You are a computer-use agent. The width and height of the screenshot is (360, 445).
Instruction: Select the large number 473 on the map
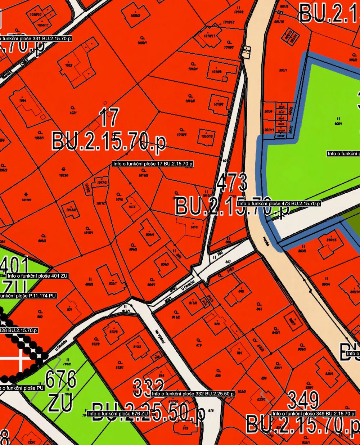coord(233,183)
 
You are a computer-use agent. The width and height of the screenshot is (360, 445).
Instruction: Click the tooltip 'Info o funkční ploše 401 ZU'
coord(37,276)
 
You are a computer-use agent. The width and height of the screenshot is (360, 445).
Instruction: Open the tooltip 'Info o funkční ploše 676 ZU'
coord(118,414)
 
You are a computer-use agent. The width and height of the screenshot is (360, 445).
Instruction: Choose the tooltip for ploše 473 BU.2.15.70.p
coord(279,203)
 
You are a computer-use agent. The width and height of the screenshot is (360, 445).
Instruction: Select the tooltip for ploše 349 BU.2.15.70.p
coord(314,414)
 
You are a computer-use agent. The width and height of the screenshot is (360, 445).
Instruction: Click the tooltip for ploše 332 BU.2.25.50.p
coord(193,394)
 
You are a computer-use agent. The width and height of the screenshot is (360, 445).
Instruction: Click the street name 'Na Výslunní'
coord(160,338)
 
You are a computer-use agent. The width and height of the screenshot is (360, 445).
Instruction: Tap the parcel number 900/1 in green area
coord(338,121)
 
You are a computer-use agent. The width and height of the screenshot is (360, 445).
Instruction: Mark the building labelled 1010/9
coord(217,71)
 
